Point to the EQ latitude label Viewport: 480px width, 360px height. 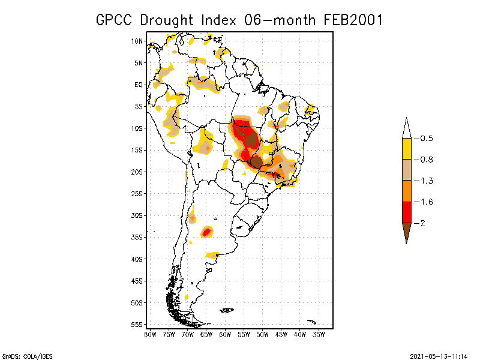click(x=138, y=85)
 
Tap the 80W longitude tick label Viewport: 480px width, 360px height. click(x=150, y=334)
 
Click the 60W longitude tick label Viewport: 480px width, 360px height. click(x=225, y=334)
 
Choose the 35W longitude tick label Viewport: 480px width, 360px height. click(x=319, y=334)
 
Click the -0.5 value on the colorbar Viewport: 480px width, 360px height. click(x=425, y=139)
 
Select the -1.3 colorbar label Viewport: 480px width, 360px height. click(x=425, y=181)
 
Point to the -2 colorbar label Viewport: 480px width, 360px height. click(x=422, y=223)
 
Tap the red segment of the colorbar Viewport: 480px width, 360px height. click(x=406, y=212)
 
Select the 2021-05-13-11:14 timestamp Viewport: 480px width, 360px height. click(x=439, y=355)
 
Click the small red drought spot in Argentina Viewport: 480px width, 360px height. click(x=207, y=232)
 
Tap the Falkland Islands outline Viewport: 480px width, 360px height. click(x=227, y=310)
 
